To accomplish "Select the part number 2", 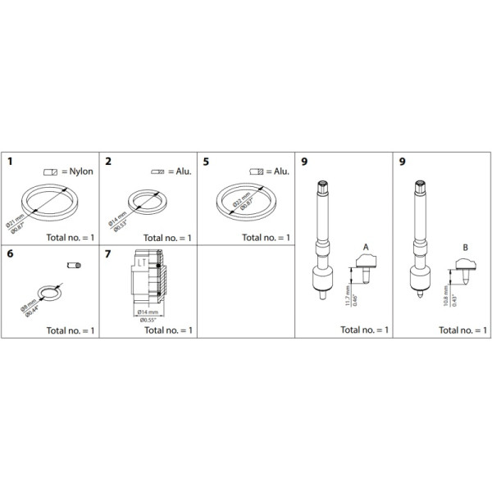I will [107, 161].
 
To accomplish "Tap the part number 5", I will [205, 161].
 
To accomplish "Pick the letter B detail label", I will [464, 247].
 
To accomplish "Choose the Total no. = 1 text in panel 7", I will [168, 330].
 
